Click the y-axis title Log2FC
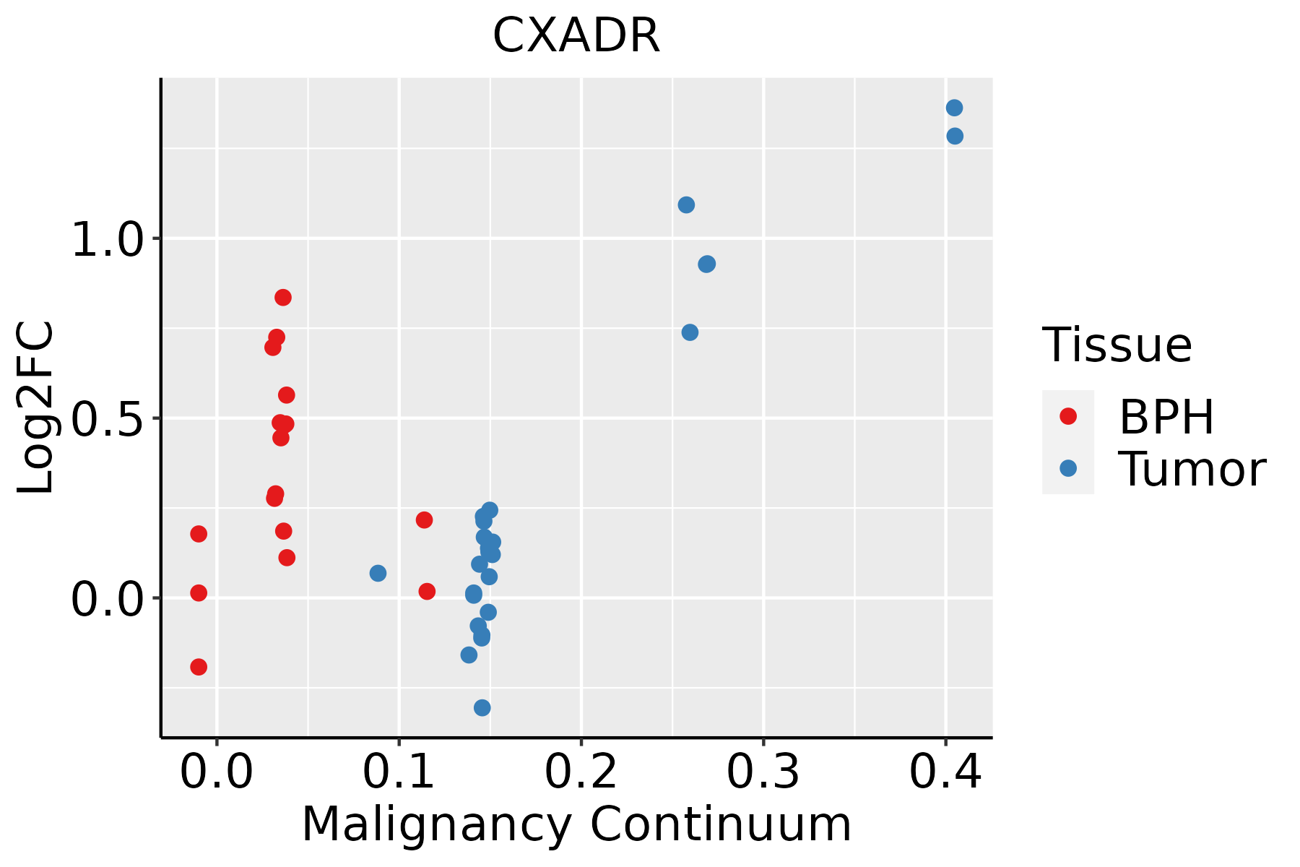[36, 407]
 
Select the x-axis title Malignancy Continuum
[576, 824]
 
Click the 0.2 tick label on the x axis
[581, 772]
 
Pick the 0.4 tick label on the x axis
[945, 772]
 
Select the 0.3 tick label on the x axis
[763, 772]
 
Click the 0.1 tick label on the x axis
[399, 772]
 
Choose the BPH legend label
[1166, 417]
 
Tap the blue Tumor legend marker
[1067, 468]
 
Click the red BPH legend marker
[1067, 416]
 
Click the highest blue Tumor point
[954, 108]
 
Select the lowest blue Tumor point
[482, 707]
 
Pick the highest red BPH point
[283, 298]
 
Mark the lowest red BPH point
[199, 667]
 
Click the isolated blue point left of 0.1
[378, 573]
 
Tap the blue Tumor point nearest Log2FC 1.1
[686, 205]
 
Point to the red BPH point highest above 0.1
[424, 520]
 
